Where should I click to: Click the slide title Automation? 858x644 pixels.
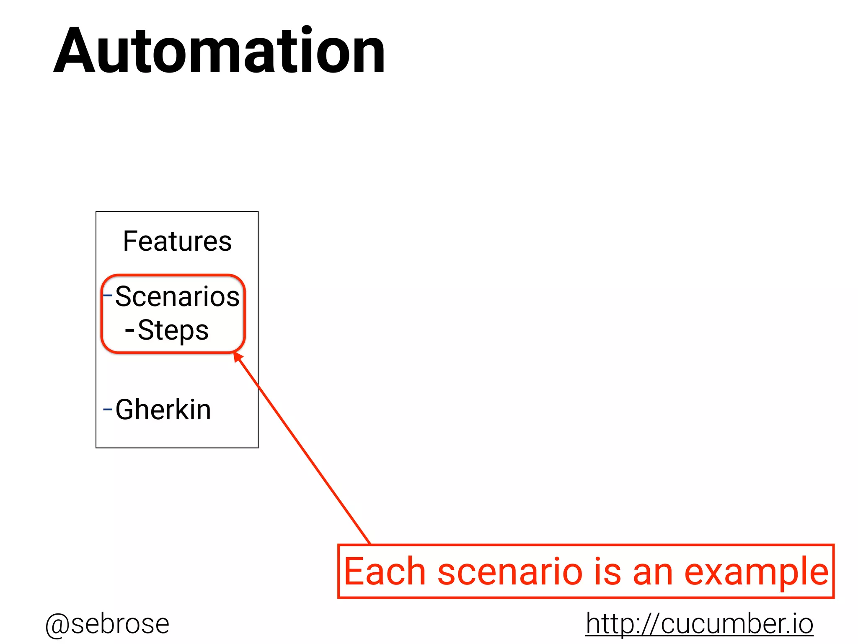[219, 51]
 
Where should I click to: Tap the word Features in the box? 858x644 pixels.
[177, 241]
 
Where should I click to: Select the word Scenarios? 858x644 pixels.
[177, 296]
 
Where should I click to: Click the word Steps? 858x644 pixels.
[173, 330]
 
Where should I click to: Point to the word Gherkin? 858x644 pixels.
[163, 410]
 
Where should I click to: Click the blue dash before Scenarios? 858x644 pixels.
[108, 295]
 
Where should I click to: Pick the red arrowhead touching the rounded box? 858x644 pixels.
[238, 357]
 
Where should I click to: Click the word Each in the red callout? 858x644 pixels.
[385, 571]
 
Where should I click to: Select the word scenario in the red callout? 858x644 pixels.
[510, 571]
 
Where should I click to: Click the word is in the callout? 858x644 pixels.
[607, 571]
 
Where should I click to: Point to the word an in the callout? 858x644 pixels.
[653, 572]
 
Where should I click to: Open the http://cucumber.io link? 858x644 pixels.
[699, 623]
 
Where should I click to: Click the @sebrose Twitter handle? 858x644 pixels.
[107, 624]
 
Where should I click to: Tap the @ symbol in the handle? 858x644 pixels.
[57, 625]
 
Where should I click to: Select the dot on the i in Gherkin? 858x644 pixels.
[192, 399]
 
